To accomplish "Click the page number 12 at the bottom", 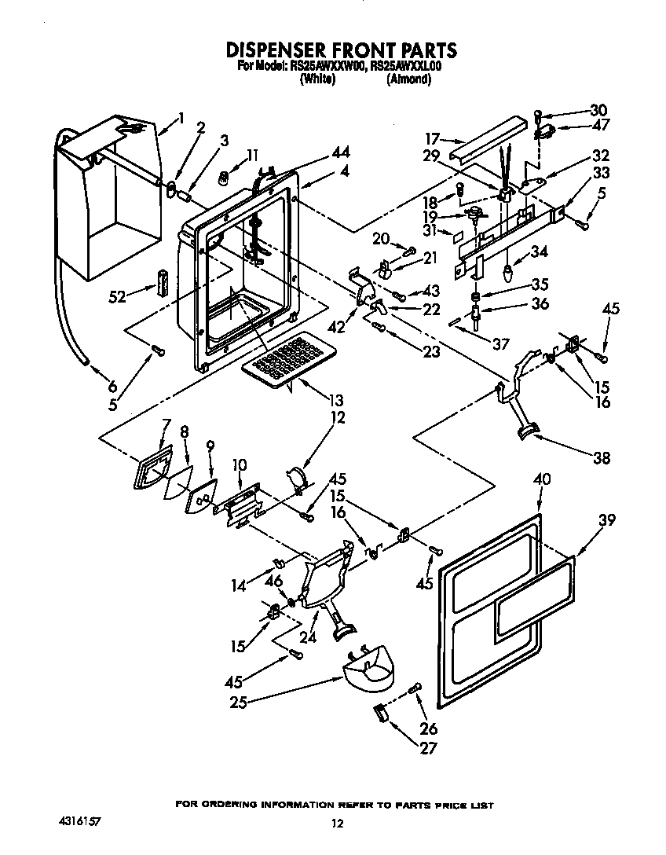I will tap(337, 824).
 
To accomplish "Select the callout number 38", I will tap(602, 457).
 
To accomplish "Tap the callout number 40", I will tap(542, 479).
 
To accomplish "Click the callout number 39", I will tap(606, 520).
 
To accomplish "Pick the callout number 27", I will tap(429, 748).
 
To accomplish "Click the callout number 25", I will tap(238, 703).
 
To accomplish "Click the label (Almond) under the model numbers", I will tap(408, 79).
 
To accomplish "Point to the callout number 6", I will tap(111, 387).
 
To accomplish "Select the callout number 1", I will tap(181, 119).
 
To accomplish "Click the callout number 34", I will tap(538, 251).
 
